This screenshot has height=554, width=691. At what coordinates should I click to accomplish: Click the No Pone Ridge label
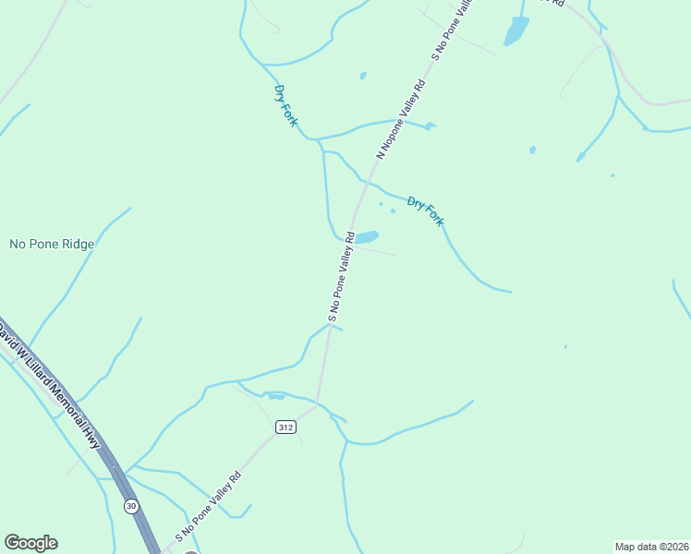pyautogui.click(x=52, y=245)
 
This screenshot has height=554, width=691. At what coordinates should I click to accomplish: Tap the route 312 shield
pyautogui.click(x=285, y=427)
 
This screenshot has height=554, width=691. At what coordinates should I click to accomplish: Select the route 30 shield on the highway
pyautogui.click(x=131, y=505)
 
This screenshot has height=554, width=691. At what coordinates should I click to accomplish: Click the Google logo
pyautogui.click(x=30, y=543)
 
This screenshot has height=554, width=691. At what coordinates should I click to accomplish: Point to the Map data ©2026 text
pyautogui.click(x=651, y=546)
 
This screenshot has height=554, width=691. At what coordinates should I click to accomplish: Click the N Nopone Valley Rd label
pyautogui.click(x=400, y=120)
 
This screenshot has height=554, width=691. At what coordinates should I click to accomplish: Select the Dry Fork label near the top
pyautogui.click(x=285, y=105)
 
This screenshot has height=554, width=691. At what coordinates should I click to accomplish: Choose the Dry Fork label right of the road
pyautogui.click(x=426, y=211)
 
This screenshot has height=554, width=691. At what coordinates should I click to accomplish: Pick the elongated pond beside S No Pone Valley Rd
pyautogui.click(x=367, y=237)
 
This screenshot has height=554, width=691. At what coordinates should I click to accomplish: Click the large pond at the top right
pyautogui.click(x=515, y=31)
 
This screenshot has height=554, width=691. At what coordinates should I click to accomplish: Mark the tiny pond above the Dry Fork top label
pyautogui.click(x=363, y=76)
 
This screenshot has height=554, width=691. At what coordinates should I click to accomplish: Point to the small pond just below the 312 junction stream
pyautogui.click(x=276, y=397)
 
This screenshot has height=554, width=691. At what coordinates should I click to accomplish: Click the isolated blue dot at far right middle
pyautogui.click(x=565, y=347)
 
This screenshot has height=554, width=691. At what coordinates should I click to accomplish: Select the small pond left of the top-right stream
pyautogui.click(x=532, y=149)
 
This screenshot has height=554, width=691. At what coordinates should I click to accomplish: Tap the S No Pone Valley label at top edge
pyautogui.click(x=453, y=30)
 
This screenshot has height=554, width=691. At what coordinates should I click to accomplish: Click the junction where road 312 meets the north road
pyautogui.click(x=318, y=403)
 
